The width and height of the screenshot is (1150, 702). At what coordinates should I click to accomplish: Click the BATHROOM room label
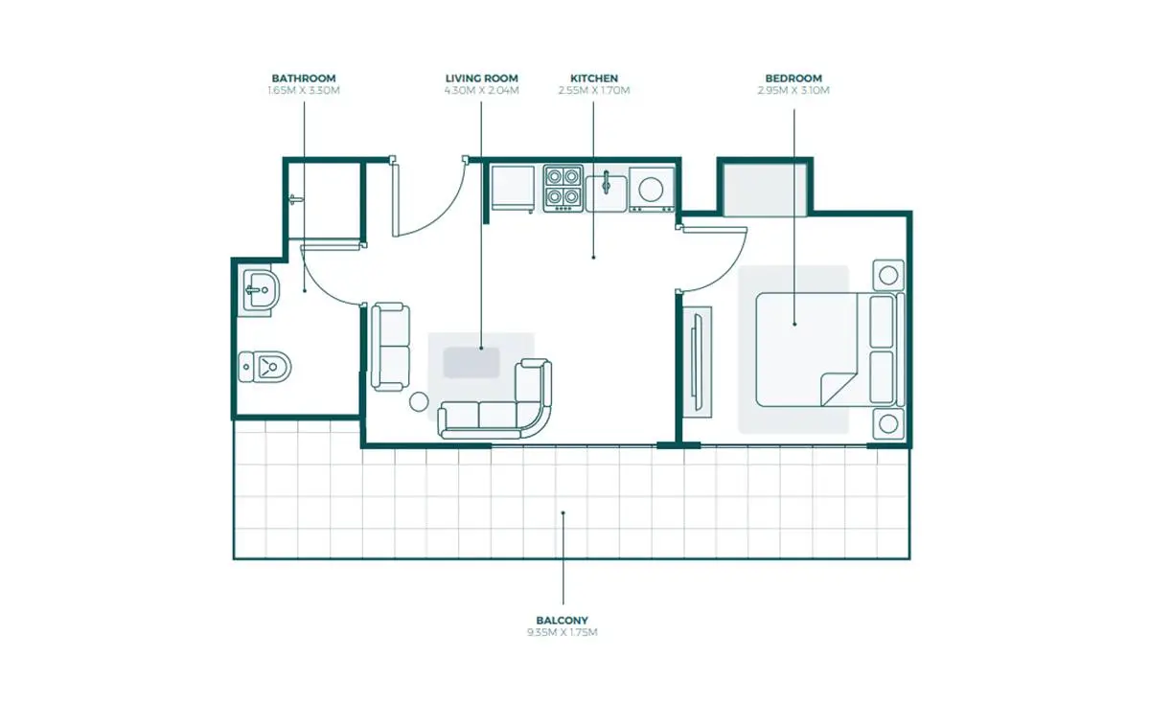[x=304, y=79]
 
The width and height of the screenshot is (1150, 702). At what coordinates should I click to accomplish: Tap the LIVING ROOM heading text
[x=481, y=79]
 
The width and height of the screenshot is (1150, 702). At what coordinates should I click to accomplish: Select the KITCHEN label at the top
[x=594, y=79]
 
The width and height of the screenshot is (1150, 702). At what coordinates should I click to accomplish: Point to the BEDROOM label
[x=793, y=79]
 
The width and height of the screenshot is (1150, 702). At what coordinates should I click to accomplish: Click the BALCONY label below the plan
[x=563, y=621]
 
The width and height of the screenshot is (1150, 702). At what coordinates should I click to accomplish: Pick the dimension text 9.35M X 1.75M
[x=563, y=632]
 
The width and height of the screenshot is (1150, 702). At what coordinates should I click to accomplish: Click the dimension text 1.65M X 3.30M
[x=304, y=90]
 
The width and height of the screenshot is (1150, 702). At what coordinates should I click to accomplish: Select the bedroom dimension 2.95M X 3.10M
[x=793, y=90]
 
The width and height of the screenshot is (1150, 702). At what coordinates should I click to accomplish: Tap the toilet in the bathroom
[x=264, y=367]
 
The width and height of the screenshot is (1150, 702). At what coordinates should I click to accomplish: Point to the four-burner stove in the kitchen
[x=563, y=188]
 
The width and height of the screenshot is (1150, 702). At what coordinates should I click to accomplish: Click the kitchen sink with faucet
[x=607, y=192]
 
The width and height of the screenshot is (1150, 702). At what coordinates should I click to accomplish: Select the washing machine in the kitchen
[x=652, y=190]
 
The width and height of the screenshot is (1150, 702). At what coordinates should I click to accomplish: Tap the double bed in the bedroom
[x=830, y=351]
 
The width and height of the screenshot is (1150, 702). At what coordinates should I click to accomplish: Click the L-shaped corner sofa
[x=494, y=399]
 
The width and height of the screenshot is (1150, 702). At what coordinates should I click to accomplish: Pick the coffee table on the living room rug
[x=471, y=363]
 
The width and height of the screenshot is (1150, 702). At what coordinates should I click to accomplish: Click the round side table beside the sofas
[x=419, y=402]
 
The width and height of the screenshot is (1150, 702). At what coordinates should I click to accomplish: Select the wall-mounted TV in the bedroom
[x=697, y=362]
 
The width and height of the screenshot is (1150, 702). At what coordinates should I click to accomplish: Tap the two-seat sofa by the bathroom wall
[x=390, y=347]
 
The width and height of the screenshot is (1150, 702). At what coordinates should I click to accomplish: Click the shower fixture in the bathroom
[x=296, y=199]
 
